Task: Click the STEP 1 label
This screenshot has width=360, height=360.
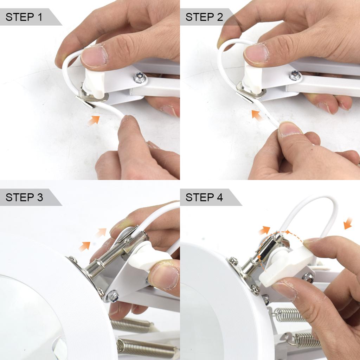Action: point(24,17)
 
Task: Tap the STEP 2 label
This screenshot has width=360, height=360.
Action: point(204,17)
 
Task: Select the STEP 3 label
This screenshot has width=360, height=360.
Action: point(24,197)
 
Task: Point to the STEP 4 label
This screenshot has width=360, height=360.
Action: point(204,197)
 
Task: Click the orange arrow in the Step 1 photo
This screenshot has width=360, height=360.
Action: point(94,121)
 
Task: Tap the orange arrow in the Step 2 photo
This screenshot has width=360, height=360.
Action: point(257,115)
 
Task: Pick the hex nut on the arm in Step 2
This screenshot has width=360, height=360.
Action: point(295,75)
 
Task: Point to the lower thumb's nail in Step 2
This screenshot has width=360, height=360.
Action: point(290,129)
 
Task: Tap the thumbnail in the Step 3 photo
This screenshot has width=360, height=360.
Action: point(164,277)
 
